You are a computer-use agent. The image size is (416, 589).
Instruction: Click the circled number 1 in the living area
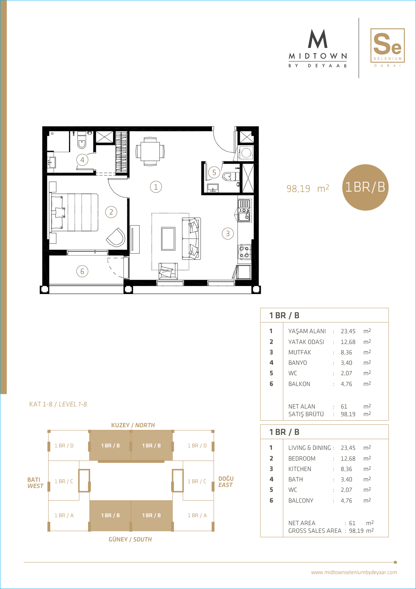coord(156,187)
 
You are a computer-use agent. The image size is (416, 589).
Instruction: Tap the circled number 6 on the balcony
coord(82,271)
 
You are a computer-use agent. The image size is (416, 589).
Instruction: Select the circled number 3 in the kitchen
coord(228,234)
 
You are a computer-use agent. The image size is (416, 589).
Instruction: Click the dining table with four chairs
coord(150,151)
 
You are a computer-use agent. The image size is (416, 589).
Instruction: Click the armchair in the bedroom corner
coord(116,237)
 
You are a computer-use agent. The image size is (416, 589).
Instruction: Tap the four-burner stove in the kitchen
coord(244,252)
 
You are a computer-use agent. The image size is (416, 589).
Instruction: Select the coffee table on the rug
coord(168,239)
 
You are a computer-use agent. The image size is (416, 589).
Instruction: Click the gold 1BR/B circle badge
coord(365,187)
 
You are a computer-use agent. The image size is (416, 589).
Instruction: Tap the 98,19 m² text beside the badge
coord(307,188)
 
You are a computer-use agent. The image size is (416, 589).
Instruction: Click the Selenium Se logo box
coord(387,45)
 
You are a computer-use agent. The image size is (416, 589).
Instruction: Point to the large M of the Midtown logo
coord(318,39)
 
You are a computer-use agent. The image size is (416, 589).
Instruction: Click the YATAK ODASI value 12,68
coord(348,342)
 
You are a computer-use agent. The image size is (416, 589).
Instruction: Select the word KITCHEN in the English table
coord(300,469)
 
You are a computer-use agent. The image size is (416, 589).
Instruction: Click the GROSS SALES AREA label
coord(315,531)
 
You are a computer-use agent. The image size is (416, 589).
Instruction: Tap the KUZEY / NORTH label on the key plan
coord(133,425)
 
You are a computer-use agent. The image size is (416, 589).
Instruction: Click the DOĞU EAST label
coord(226,482)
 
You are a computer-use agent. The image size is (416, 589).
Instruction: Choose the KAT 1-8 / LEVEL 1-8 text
coord(58,404)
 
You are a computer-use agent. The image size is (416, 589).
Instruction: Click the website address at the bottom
coord(354,572)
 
